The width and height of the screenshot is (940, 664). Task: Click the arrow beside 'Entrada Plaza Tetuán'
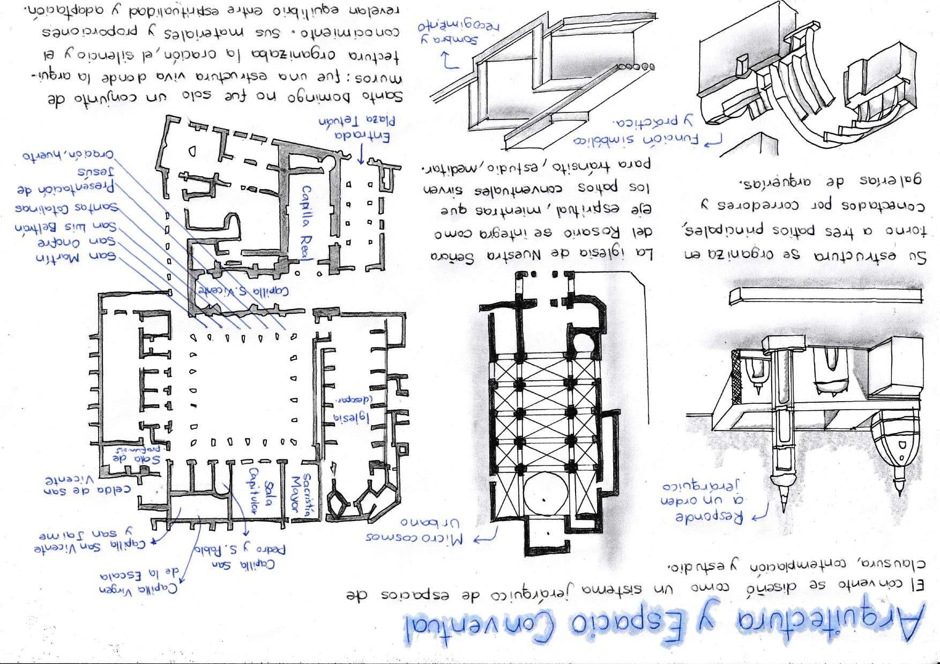click(361, 155)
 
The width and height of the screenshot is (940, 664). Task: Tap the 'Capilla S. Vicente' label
click(244, 291)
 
